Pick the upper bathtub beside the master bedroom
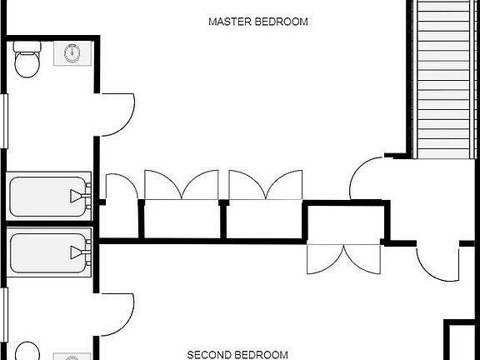49,196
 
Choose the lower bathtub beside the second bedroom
49,252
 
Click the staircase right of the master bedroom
444,75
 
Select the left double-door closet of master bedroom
182,186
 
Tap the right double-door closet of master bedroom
266,186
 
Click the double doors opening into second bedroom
343,259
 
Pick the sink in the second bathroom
72,357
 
